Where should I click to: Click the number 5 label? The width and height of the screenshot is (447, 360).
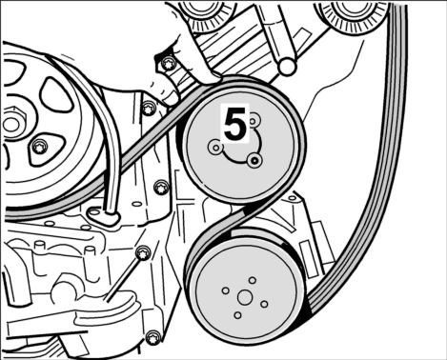pyautogui.click(x=235, y=124)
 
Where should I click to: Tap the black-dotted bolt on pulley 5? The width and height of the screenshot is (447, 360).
pyautogui.click(x=254, y=161)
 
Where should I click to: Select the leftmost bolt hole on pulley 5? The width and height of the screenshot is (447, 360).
pyautogui.click(x=215, y=147)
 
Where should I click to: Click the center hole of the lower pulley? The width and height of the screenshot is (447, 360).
pyautogui.click(x=245, y=297)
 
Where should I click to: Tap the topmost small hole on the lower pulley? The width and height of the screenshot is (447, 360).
pyautogui.click(x=253, y=281)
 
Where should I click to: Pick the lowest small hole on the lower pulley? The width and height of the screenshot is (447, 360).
pyautogui.click(x=237, y=315)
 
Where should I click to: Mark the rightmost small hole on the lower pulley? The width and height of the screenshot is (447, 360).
pyautogui.click(x=264, y=304)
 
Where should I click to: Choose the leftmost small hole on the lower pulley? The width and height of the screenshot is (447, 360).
pyautogui.click(x=226, y=290)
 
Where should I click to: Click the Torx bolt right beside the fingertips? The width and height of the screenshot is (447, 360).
pyautogui.click(x=168, y=65)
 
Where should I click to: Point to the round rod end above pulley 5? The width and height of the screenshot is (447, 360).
pyautogui.click(x=287, y=66)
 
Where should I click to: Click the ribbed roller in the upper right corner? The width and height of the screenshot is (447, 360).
pyautogui.click(x=351, y=16)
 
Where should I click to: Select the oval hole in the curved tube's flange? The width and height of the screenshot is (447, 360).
pyautogui.click(x=94, y=211)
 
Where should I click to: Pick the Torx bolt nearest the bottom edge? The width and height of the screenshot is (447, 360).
pyautogui.click(x=153, y=338)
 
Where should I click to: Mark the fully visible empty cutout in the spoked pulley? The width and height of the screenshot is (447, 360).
pyautogui.click(x=55, y=94)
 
